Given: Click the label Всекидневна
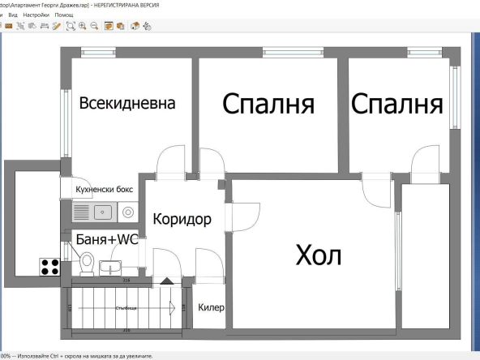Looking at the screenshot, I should click(x=127, y=104).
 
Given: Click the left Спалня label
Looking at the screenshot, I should click(x=268, y=104).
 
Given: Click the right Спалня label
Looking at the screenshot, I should click(x=397, y=104).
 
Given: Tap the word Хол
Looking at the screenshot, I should click(x=319, y=255).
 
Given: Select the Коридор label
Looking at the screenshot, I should click(x=182, y=219).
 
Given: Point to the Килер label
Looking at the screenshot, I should click(x=211, y=308).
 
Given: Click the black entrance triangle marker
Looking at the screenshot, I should click(x=166, y=281).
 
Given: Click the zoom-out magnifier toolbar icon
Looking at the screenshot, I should click(x=95, y=26).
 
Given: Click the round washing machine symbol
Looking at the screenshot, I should click(x=128, y=212).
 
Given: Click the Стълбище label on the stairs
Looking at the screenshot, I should click(x=126, y=308).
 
